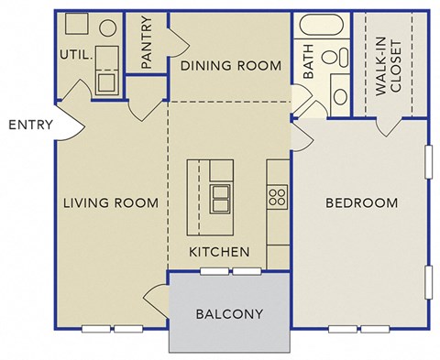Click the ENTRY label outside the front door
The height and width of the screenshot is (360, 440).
30,125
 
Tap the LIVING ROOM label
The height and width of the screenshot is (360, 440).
110,202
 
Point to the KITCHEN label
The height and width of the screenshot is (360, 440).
219,251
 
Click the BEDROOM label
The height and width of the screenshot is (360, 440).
361,202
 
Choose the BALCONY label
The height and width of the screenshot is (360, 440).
230,313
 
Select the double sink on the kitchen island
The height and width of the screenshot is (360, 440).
220,195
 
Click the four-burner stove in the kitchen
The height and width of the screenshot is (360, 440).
278,195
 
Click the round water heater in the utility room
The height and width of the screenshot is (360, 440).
108,25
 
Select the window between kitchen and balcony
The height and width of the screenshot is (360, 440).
230,271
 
